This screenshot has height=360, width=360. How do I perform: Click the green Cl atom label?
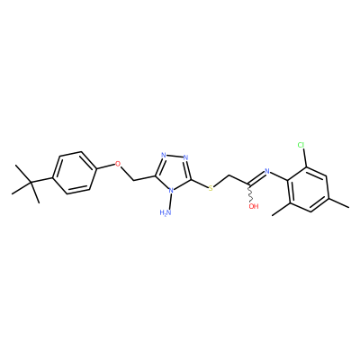click(x=301, y=146)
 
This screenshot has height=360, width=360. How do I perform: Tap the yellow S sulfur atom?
click(x=211, y=188)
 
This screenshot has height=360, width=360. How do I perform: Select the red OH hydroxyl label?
click(x=254, y=206)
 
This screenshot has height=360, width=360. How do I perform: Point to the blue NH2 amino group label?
click(x=166, y=212)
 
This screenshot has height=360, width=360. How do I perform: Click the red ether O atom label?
click(x=118, y=164)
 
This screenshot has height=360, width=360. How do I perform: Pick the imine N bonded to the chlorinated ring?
click(x=267, y=172)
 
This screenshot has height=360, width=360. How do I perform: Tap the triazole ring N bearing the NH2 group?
click(x=171, y=190)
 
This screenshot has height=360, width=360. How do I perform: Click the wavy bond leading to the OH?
click(x=249, y=193)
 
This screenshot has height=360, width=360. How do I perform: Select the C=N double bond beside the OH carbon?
click(x=256, y=178)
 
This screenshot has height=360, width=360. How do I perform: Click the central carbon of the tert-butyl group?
click(x=31, y=182)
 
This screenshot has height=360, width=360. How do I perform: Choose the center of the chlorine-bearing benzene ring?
click(x=309, y=189)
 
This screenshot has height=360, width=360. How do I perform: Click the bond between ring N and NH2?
click(x=170, y=202)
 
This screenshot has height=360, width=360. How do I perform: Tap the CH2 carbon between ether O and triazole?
click(x=133, y=181)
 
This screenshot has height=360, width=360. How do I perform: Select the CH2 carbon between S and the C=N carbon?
click(x=229, y=175)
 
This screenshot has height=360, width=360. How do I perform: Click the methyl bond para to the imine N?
click(x=339, y=202)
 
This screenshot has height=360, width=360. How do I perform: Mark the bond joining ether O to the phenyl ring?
click(x=106, y=166)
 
